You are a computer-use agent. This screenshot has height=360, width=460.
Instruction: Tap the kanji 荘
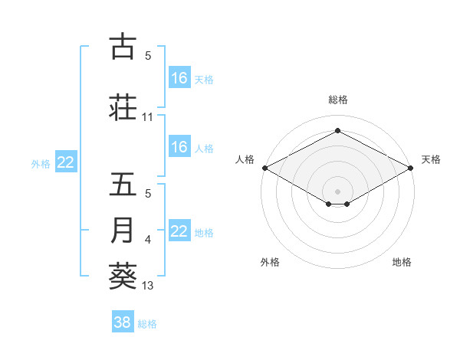(x=123, y=107)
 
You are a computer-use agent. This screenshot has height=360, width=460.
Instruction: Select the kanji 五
(x=123, y=185)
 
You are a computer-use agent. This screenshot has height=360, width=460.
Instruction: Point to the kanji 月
(x=123, y=231)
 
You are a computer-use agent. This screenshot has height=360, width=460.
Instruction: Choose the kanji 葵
(x=123, y=276)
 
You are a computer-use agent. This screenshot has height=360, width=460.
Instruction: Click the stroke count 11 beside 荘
(x=148, y=117)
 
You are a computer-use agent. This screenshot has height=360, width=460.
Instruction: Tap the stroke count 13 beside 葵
(x=148, y=286)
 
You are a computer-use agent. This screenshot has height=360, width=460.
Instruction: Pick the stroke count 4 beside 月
(x=148, y=241)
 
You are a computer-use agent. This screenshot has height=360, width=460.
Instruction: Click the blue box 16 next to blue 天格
(x=179, y=78)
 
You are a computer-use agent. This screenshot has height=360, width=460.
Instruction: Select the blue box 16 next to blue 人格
(x=179, y=147)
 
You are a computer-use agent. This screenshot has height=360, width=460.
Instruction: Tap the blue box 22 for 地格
(x=179, y=231)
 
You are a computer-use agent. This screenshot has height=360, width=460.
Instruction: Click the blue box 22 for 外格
(x=66, y=162)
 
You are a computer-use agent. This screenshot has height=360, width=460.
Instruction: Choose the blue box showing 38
(x=123, y=322)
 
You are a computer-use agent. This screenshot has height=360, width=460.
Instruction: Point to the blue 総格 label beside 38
(x=147, y=324)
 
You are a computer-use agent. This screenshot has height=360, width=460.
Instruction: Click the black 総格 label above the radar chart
(x=337, y=100)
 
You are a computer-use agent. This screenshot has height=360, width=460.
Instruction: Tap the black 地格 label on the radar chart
(x=402, y=262)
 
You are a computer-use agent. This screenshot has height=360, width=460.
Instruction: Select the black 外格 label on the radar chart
(x=270, y=262)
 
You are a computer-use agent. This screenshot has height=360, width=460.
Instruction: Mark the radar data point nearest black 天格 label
(x=411, y=168)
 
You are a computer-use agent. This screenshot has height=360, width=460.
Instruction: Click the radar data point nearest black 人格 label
(x=264, y=168)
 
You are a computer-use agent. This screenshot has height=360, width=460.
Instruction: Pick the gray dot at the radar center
(x=337, y=190)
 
